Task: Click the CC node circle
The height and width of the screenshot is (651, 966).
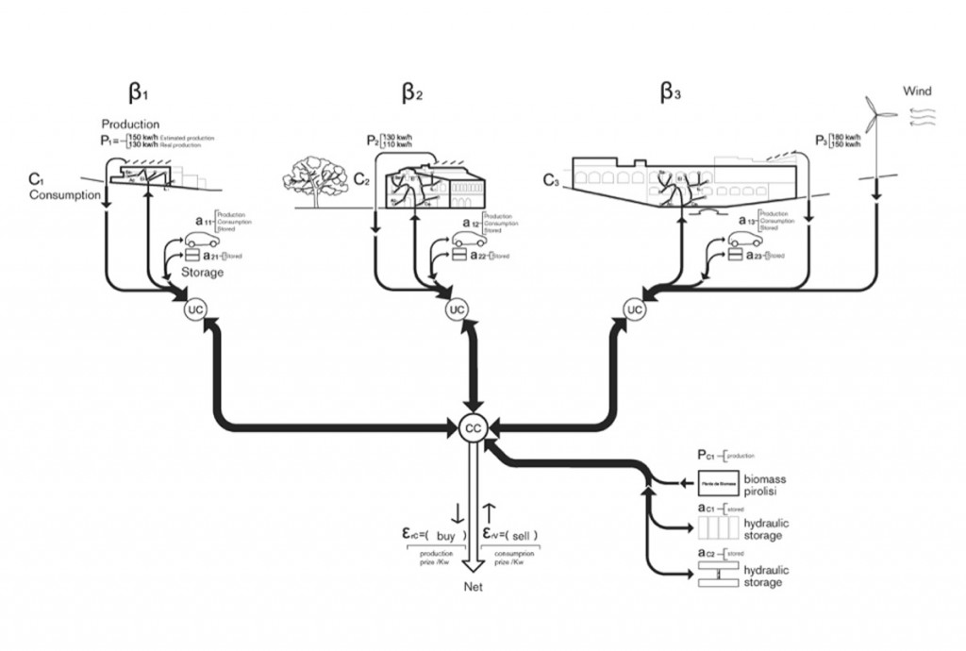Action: click(x=472, y=427)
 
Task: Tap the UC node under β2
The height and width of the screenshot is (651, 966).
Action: click(x=458, y=309)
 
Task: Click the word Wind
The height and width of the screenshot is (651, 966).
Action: click(x=917, y=92)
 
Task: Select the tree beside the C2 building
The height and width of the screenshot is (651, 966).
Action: click(x=315, y=175)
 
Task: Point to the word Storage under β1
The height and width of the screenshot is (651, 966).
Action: click(x=203, y=273)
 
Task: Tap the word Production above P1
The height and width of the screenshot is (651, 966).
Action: click(x=130, y=125)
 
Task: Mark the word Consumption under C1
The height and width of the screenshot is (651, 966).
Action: click(x=63, y=195)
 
